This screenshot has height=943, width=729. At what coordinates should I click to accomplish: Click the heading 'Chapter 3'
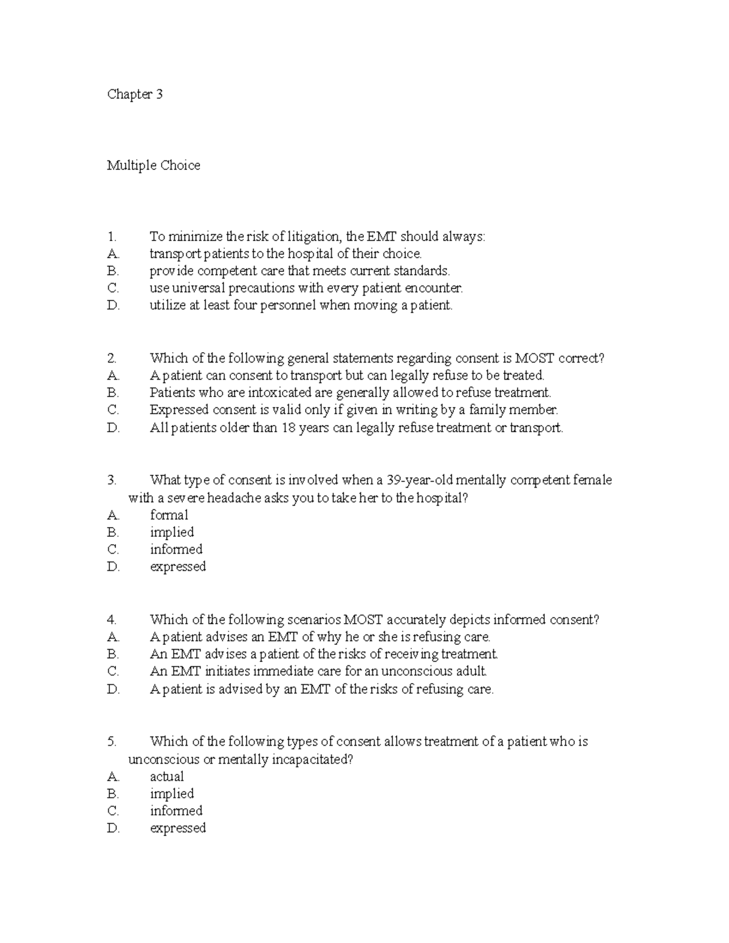tap(135, 94)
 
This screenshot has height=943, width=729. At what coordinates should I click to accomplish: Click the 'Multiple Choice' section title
tap(153, 165)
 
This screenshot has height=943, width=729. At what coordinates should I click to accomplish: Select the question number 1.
tap(111, 236)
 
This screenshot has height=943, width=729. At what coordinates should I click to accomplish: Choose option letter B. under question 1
tap(113, 271)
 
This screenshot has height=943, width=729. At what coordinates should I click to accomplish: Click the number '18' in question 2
tap(288, 427)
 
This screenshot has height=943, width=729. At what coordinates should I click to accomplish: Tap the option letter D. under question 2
tap(114, 427)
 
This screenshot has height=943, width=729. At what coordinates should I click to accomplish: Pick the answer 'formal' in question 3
tap(169, 515)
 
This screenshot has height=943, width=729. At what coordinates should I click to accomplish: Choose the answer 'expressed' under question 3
tap(178, 567)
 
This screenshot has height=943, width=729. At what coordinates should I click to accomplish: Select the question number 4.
tap(111, 620)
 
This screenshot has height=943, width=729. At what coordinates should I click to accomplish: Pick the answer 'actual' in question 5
tap(167, 777)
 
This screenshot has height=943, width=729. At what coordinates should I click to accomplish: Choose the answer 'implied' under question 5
tap(172, 794)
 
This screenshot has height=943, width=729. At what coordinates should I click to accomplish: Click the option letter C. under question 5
tap(113, 811)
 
